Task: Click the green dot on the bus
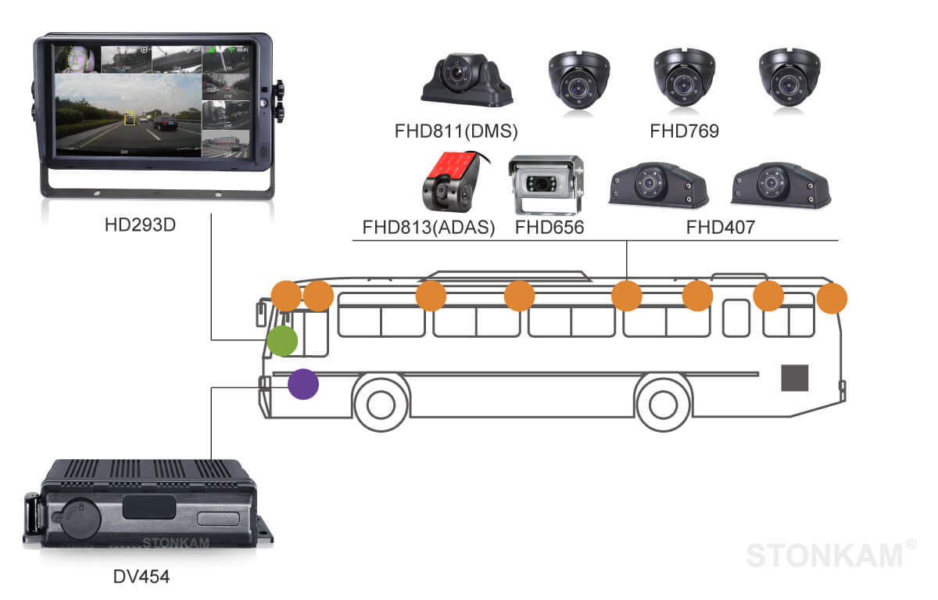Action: tap(281, 341)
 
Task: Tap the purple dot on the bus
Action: tap(303, 384)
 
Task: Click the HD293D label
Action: tap(141, 225)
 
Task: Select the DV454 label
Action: tap(141, 577)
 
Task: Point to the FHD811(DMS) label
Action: tap(456, 131)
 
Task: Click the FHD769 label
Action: tap(684, 131)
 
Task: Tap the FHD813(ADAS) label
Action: tap(429, 228)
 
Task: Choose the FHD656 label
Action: tap(550, 228)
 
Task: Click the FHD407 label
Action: tap(720, 228)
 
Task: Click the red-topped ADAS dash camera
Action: tap(450, 182)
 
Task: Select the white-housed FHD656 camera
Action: tap(546, 185)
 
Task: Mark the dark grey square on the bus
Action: tap(795, 378)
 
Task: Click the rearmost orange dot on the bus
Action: tap(832, 298)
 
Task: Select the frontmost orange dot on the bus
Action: tap(285, 296)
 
